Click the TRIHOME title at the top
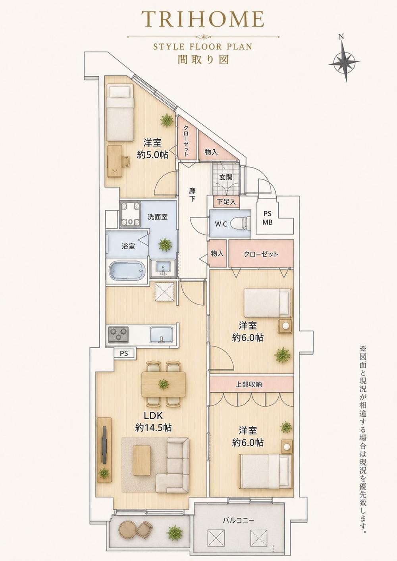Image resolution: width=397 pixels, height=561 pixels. click(x=203, y=19)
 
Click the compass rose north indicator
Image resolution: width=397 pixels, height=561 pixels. click(x=344, y=60)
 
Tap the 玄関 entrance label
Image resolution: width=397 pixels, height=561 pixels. click(x=225, y=177)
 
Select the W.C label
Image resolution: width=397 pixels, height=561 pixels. click(x=221, y=224)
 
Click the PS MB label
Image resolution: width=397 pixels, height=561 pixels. click(x=268, y=218)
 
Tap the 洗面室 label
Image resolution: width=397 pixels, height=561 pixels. click(x=157, y=217)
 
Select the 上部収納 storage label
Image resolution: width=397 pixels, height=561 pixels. click(x=249, y=384)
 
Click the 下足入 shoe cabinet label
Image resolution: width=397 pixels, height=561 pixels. click(x=226, y=202)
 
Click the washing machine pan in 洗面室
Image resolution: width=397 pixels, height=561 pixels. click(x=130, y=213)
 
